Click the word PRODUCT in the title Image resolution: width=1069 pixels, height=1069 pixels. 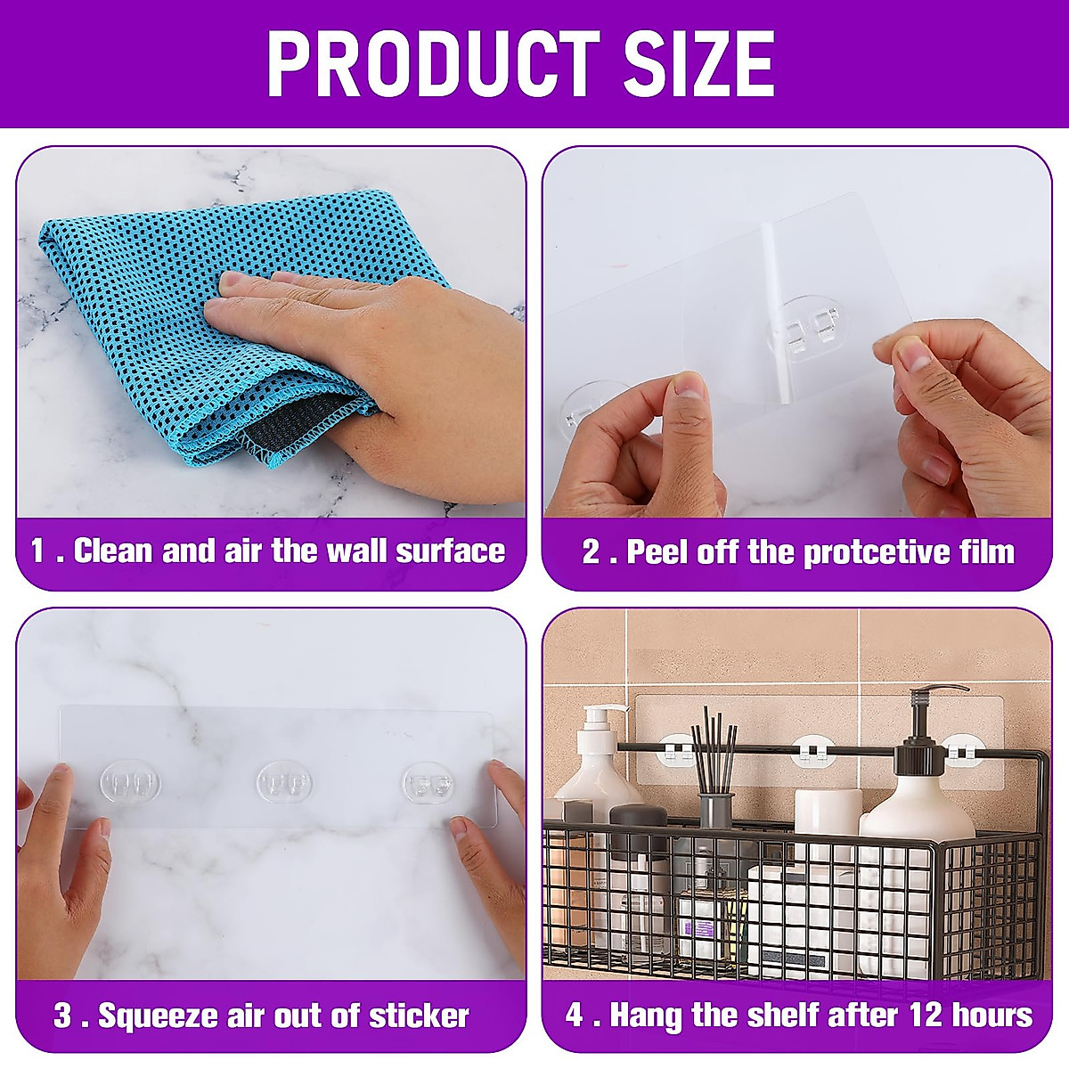[x=433, y=63]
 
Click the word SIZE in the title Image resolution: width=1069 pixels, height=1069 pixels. [x=698, y=63]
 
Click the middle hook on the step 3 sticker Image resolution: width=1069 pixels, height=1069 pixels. [x=284, y=782]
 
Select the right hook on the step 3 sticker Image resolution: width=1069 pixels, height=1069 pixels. [x=428, y=784]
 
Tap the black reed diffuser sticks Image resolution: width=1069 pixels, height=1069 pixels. [x=715, y=748]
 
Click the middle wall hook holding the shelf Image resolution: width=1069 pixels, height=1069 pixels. [x=812, y=751]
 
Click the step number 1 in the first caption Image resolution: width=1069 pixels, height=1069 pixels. [x=37, y=551]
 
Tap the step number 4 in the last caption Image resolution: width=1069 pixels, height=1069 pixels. [x=574, y=1015]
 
